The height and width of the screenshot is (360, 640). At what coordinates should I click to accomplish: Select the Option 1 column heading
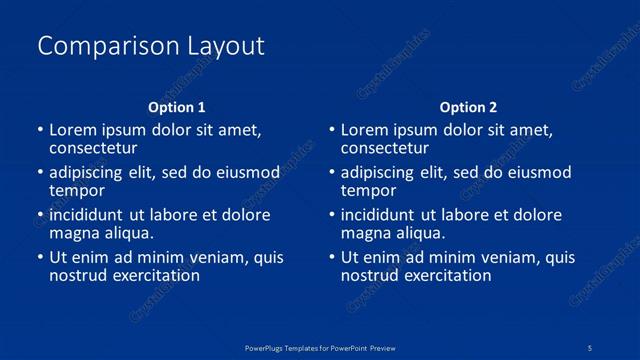[x=177, y=107]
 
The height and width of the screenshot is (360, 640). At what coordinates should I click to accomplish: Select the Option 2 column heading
[x=468, y=107]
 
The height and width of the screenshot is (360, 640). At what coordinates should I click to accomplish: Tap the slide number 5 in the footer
[x=590, y=347]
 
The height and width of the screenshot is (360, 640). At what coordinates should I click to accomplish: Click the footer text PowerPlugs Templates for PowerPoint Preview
[x=320, y=347]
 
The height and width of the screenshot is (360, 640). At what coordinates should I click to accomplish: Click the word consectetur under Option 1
[x=92, y=148]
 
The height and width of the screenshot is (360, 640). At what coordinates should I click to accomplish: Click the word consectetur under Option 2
[x=384, y=148]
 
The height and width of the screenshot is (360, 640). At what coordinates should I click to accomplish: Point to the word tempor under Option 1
[x=77, y=190]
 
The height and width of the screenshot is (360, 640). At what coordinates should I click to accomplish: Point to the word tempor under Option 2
[x=369, y=190]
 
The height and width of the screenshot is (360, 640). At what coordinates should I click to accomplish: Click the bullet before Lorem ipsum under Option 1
[x=40, y=130]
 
